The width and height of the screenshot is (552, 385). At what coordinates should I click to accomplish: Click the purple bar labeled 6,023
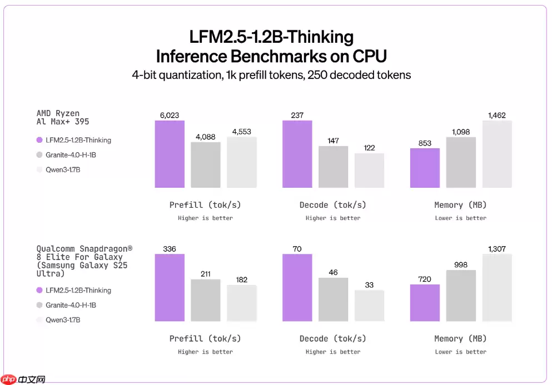169,154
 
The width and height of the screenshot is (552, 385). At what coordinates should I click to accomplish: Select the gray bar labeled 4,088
206,165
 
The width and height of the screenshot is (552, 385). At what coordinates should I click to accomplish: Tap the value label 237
297,115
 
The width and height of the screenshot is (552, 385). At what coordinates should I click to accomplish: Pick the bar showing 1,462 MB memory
497,154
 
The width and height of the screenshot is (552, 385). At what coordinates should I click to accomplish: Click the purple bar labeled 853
425,168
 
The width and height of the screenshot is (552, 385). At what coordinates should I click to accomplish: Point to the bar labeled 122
369,171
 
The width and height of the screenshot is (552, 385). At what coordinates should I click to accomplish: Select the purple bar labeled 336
169,287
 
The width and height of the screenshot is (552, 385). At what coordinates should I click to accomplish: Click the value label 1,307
497,249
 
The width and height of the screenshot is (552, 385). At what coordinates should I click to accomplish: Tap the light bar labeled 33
369,306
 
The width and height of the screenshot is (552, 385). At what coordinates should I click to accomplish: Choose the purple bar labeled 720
425,303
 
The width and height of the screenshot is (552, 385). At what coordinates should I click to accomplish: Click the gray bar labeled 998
461,296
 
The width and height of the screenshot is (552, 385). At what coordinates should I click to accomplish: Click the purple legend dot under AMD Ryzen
39,141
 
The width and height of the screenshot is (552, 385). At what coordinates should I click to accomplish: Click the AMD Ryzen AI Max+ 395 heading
62,117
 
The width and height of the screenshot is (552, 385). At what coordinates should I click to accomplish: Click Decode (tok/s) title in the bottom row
332,338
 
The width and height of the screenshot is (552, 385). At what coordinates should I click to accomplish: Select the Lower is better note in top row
460,218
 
